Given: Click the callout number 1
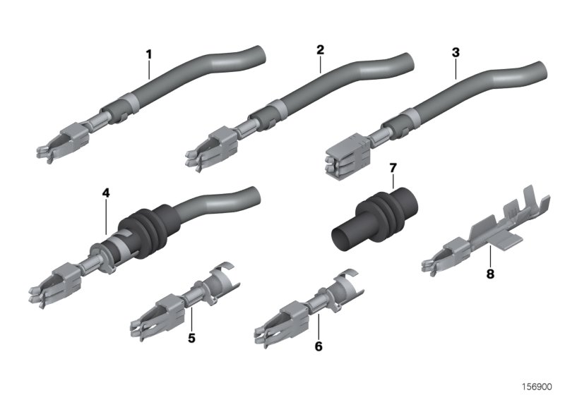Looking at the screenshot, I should [x=149, y=54].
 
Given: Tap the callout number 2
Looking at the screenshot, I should [x=320, y=50].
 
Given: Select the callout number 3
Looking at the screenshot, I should [x=456, y=53].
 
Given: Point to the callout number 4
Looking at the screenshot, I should [x=105, y=192].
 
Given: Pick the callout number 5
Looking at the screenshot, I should [x=191, y=338].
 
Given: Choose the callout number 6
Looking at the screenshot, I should [x=319, y=347].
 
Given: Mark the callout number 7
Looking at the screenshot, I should [x=393, y=168].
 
